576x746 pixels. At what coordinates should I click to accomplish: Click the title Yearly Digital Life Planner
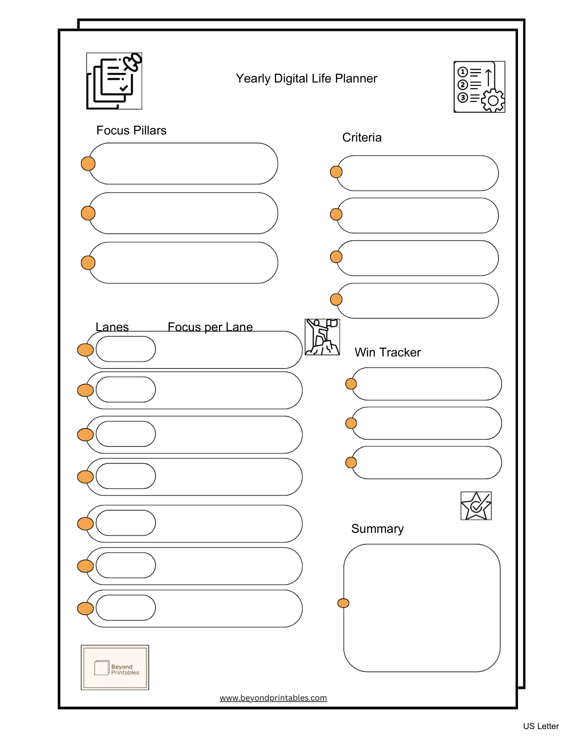tap(306, 79)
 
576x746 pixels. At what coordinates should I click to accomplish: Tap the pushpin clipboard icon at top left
tap(114, 81)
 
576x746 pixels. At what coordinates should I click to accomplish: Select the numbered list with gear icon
tap(479, 87)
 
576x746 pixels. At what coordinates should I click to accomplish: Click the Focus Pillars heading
tap(131, 130)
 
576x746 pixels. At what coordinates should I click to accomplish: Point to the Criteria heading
tap(362, 137)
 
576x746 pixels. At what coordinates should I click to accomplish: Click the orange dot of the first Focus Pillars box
tap(88, 164)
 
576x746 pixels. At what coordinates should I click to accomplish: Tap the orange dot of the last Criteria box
tap(336, 300)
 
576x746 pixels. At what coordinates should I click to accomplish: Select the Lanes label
tap(112, 327)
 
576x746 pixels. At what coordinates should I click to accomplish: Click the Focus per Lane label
tap(210, 327)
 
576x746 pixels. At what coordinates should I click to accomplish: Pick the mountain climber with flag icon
tap(322, 337)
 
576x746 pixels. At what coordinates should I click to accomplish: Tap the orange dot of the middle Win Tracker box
tap(351, 423)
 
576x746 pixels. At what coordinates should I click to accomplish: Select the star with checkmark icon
tap(476, 506)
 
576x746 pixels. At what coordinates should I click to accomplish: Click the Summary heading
tap(377, 529)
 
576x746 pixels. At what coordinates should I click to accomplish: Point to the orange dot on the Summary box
tap(343, 603)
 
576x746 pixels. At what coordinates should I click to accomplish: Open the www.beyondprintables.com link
tap(273, 698)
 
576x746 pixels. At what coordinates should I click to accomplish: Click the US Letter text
tap(540, 726)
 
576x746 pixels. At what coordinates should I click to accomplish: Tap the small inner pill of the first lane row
tap(126, 349)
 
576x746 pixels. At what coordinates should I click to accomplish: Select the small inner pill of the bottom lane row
tap(126, 608)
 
